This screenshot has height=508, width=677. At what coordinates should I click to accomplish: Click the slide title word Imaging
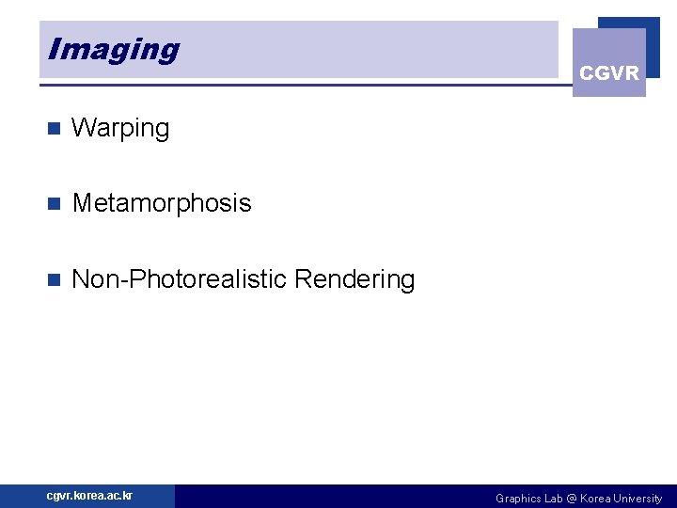coord(113,50)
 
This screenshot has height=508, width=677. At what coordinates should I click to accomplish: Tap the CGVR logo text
coord(609,72)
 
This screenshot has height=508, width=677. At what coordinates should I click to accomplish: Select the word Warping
coord(120,129)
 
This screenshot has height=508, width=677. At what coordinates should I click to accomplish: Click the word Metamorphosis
coord(162,203)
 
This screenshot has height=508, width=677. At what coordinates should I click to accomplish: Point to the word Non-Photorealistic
coord(179,279)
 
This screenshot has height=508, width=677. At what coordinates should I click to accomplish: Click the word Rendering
coord(354,279)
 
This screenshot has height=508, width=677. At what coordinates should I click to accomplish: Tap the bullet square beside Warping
coord(53,129)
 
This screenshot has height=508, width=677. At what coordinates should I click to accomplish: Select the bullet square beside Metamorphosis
coord(53,203)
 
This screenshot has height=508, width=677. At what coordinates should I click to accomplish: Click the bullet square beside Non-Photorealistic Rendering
coord(53,279)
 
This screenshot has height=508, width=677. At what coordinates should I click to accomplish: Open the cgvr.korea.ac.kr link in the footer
coord(89,496)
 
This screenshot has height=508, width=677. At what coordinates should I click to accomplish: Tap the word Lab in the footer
coord(553,499)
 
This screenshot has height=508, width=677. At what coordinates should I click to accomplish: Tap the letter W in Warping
coord(82,129)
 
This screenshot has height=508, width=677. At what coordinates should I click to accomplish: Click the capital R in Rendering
coord(303,279)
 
